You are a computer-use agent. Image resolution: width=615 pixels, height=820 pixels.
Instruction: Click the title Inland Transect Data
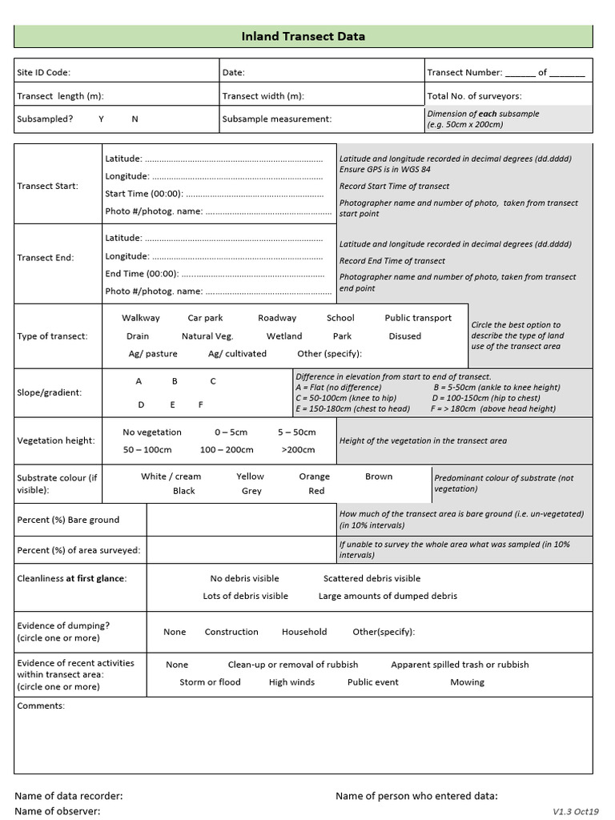point(303,36)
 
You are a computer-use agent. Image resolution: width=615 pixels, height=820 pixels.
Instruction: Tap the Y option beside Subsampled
point(102,119)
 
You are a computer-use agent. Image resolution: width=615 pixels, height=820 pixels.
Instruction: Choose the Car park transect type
point(205,318)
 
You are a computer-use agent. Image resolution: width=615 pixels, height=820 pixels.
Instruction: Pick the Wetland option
point(284,336)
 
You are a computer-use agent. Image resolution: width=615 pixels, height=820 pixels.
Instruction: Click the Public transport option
point(418,318)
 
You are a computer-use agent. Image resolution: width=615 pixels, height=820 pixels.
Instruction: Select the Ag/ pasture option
point(153,354)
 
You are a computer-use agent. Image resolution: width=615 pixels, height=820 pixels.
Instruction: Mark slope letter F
point(200,405)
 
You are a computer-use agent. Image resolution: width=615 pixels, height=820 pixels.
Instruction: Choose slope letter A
point(139,382)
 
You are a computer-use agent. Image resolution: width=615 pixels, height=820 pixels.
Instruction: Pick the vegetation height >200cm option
point(299,450)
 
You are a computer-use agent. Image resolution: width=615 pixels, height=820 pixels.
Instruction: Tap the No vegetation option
point(152,432)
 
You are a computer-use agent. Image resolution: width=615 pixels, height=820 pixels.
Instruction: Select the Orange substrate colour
point(314,476)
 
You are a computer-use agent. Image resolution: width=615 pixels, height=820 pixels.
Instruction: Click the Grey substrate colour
point(251,491)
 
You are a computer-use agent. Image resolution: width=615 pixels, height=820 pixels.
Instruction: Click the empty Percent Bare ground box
point(241,520)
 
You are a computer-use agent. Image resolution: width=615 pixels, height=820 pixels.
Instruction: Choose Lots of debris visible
point(245,596)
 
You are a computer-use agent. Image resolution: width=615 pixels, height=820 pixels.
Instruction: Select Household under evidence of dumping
point(304,632)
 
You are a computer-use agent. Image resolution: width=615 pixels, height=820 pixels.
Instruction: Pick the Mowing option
point(467,682)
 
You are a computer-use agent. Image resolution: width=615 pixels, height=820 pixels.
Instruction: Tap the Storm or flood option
point(210,682)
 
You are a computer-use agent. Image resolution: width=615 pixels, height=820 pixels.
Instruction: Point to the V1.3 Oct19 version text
point(575,811)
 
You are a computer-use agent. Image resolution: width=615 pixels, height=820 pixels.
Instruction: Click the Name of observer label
point(58,811)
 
